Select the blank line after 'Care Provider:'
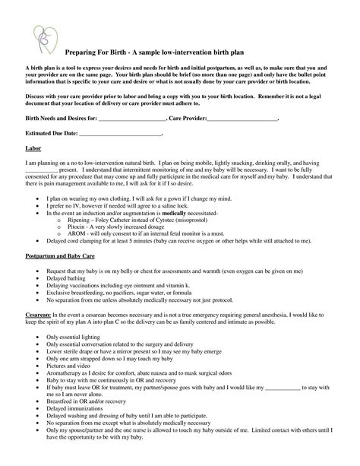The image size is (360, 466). (x=242, y=120)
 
